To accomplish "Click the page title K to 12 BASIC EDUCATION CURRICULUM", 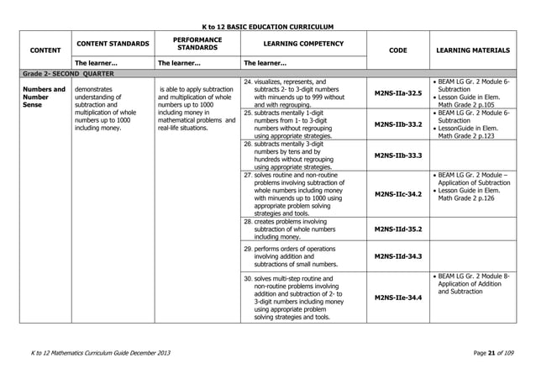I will tap(268, 27).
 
